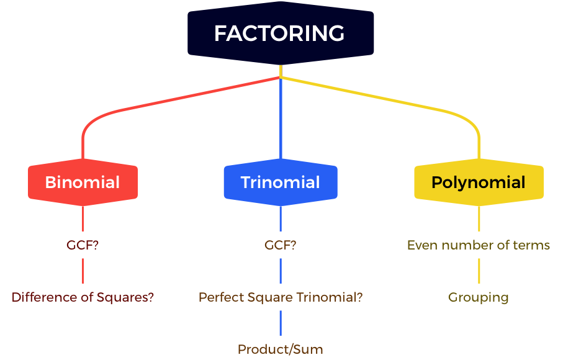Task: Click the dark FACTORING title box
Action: coord(281,33)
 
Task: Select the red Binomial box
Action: coord(83,182)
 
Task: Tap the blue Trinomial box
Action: coord(281,182)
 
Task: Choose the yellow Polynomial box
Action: coord(479,182)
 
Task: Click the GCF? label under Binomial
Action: coord(83,245)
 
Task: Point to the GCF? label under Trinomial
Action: coord(281,245)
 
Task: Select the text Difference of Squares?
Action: coord(83,297)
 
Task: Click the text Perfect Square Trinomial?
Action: coord(281,297)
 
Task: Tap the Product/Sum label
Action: coord(281,349)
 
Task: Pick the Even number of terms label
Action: coord(479,245)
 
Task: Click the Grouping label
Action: coord(479,297)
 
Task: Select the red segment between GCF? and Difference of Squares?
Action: coord(83,271)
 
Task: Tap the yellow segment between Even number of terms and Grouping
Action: coord(479,271)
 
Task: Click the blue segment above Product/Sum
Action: coord(281,323)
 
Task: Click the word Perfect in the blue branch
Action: coord(221,297)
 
